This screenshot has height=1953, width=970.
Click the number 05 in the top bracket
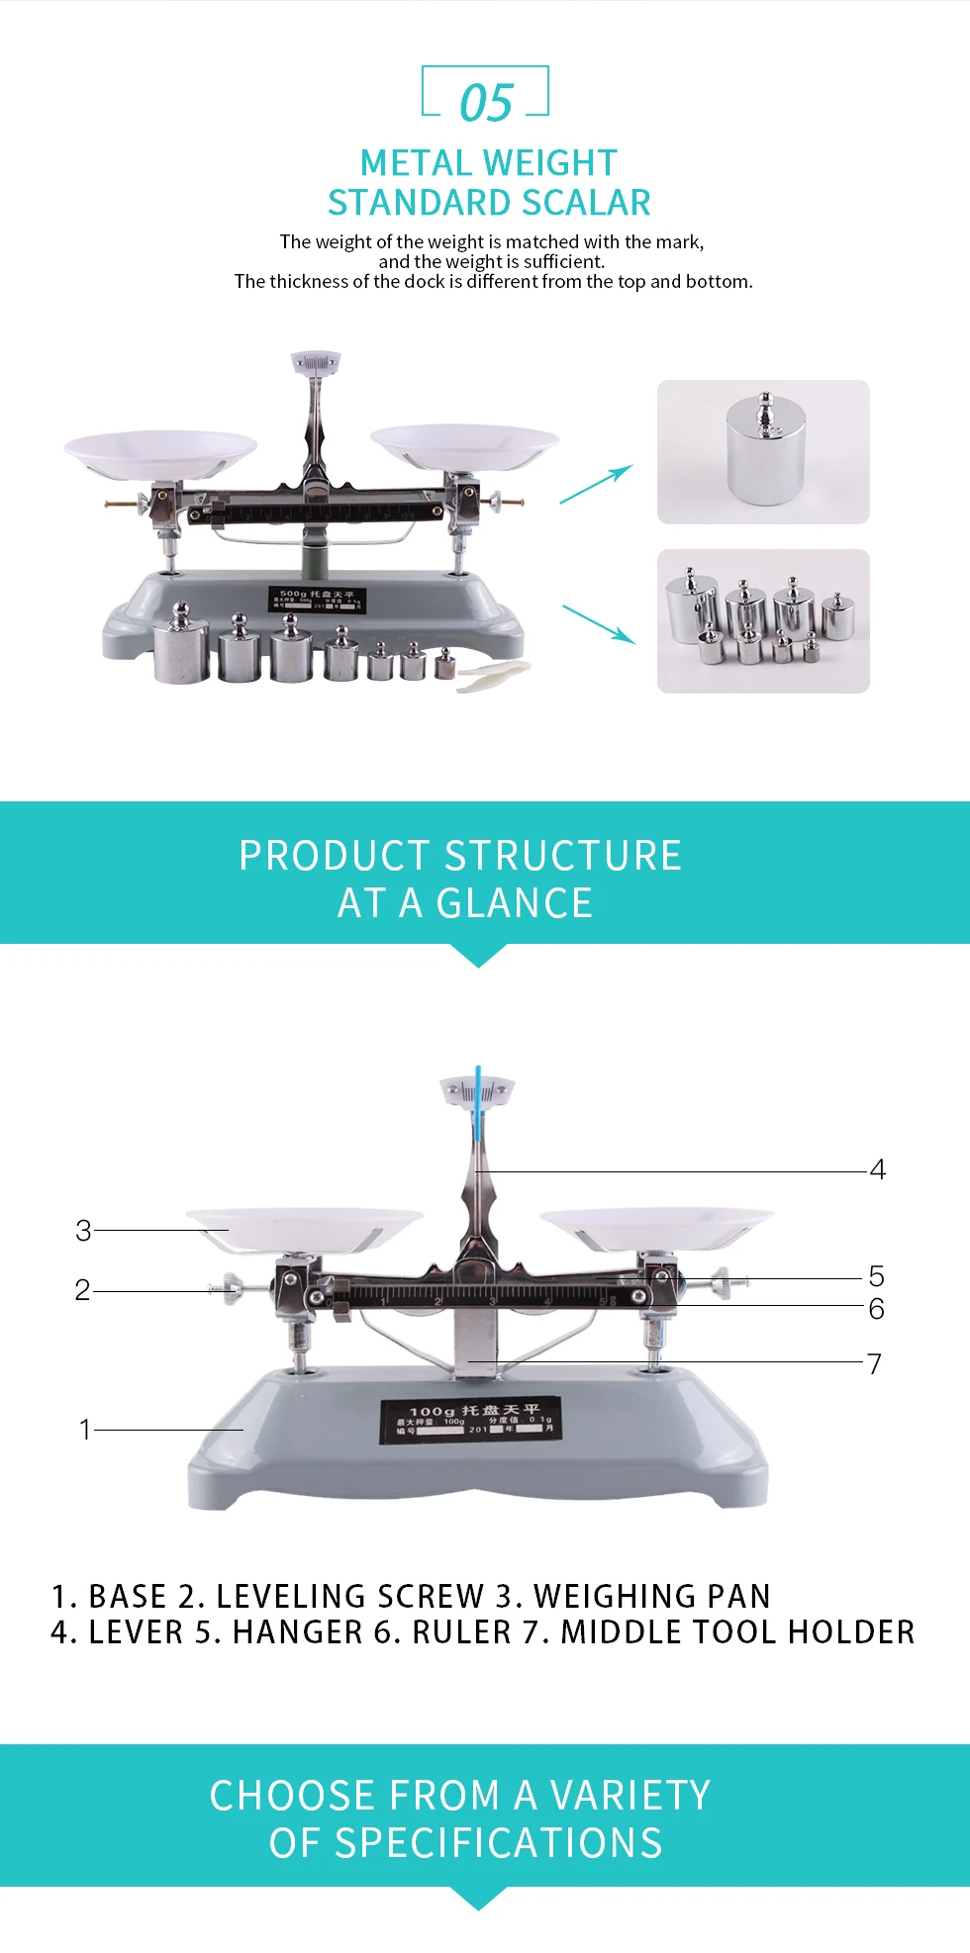486,103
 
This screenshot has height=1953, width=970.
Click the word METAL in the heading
414,163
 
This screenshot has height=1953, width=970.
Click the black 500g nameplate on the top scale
317,599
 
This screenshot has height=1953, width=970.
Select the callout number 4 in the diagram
877,1170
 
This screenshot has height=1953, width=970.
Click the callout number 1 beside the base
85,1430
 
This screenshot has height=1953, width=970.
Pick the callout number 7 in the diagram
874,1364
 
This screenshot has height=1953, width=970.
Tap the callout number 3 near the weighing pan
83,1231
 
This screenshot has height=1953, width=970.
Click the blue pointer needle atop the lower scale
478,1103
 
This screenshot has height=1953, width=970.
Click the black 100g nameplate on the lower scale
471,1420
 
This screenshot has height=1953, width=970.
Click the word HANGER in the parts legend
298,1632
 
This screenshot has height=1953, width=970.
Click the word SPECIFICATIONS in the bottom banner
465,1843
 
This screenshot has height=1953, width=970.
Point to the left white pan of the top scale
160,452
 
